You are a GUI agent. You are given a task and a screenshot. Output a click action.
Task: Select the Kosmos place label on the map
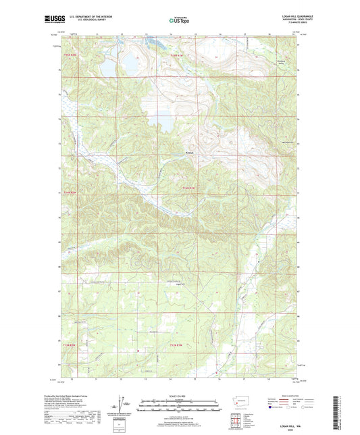click(x=189, y=153)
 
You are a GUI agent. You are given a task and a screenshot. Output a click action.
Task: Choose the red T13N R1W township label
click(x=174, y=346)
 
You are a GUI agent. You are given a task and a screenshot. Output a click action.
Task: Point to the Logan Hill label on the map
click(x=162, y=284)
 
